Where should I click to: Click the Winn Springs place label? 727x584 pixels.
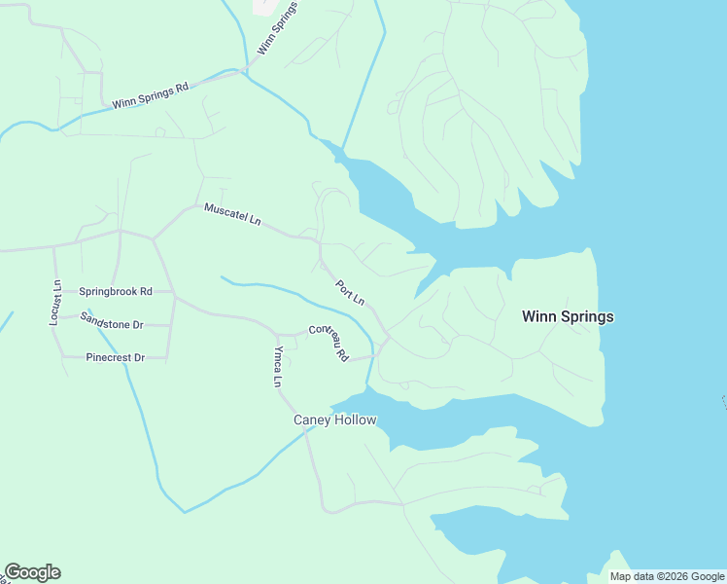568,316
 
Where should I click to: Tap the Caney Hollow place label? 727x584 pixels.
334,420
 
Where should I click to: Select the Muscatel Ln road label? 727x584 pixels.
232,214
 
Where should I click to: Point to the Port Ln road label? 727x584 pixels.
350,293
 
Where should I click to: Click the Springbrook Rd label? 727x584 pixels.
116,291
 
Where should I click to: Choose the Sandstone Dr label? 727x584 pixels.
112,319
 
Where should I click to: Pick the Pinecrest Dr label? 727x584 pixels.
115,358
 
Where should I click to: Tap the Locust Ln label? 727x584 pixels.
56,304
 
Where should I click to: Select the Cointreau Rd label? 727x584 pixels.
329,343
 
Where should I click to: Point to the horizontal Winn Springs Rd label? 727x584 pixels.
150,96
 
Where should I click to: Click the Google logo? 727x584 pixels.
32,572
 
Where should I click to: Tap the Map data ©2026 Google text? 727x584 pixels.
667,576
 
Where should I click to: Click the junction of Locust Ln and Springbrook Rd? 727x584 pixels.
54,291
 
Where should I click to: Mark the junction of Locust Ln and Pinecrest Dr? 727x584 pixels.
55,357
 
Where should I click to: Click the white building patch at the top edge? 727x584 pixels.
264,6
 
